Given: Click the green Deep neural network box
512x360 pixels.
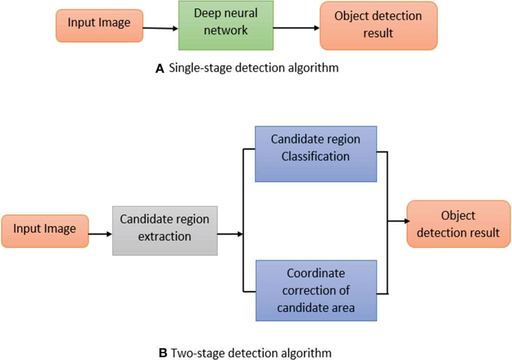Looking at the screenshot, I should pos(226,25).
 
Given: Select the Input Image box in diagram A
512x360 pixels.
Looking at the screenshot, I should pos(99,26).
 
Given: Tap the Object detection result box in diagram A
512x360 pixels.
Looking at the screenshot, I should pos(378,26).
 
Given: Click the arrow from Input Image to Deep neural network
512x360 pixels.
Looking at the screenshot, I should pos(160,28).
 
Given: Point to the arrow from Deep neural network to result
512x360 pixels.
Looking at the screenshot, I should pos(296,28).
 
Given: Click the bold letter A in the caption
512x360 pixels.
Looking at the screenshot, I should pos(160,69).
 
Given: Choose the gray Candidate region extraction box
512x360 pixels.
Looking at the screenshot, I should pos(165,230).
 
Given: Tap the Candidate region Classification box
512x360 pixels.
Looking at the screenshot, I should pos(316,154).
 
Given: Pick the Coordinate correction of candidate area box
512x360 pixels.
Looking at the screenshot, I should pos(316,290).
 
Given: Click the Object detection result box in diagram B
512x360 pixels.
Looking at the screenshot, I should pos(458,224).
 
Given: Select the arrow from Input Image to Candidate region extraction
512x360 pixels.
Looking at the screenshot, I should pos(100,235).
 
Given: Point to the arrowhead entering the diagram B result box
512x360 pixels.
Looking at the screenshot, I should pos(407,221).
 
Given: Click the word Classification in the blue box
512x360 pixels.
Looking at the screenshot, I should pos(316,156).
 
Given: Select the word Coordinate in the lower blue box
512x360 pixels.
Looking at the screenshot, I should pos(316,273).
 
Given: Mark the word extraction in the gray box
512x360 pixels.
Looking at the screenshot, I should pos(165,236).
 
